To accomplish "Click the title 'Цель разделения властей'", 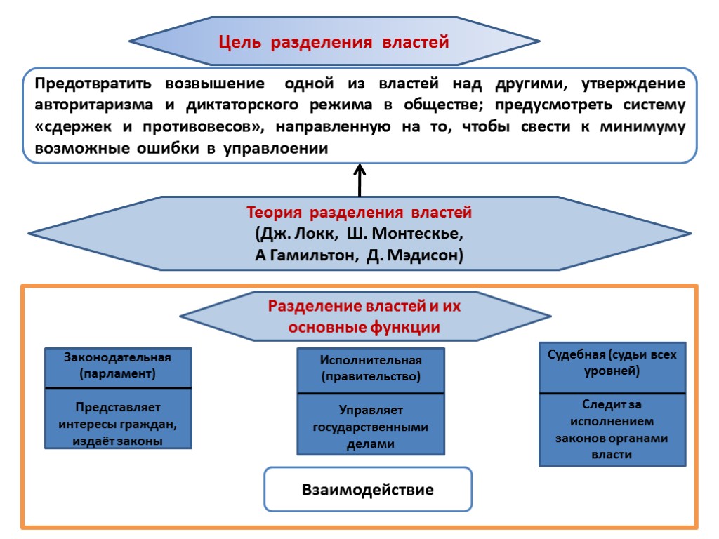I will coord(334,42).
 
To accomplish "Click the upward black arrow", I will coord(359,180).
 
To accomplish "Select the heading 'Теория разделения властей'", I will coord(359,212).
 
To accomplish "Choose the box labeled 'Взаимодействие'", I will coord(368,489).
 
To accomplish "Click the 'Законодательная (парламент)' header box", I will coord(118,366).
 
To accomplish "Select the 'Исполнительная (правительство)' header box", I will coord(371,369).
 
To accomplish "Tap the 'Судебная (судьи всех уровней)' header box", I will coord(612,364).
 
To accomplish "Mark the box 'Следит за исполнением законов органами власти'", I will coord(612,430).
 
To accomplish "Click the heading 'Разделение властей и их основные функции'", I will coord(364,317).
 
